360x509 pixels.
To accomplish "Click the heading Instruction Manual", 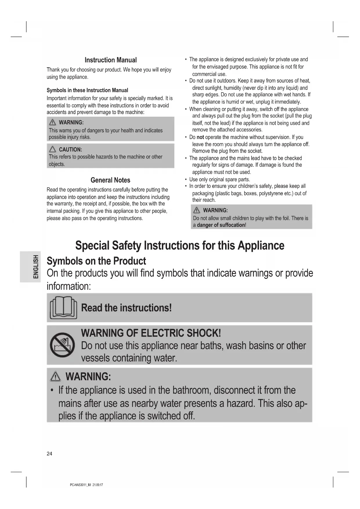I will pyautogui.click(x=111, y=60).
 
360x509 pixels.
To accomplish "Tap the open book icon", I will pyautogui.click(x=63, y=308).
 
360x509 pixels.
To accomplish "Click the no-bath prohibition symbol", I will pyautogui.click(x=62, y=345).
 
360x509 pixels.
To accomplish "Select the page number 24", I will pyautogui.click(x=50, y=454).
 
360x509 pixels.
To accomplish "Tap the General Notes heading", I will pyautogui.click(x=110, y=180).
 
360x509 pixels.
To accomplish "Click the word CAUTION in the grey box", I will pyautogui.click(x=70, y=150).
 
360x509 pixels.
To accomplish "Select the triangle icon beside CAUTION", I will pyautogui.click(x=53, y=149).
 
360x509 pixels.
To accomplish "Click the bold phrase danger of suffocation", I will pyautogui.click(x=221, y=225).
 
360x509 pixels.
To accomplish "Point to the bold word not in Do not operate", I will pyautogui.click(x=200, y=137).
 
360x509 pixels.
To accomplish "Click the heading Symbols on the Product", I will pyautogui.click(x=96, y=261).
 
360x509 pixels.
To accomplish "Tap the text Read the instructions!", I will pyautogui.click(x=126, y=308).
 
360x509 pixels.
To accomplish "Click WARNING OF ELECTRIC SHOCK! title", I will pyautogui.click(x=151, y=333).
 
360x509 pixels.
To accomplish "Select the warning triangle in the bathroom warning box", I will pyautogui.click(x=55, y=377).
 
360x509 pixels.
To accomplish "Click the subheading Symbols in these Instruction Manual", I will pyautogui.click(x=87, y=90).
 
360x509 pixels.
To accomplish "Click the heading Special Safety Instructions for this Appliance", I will pyautogui.click(x=180, y=246).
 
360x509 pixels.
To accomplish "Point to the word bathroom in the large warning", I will pyautogui.click(x=191, y=390).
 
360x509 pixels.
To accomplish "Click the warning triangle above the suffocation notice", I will pyautogui.click(x=196, y=210).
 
